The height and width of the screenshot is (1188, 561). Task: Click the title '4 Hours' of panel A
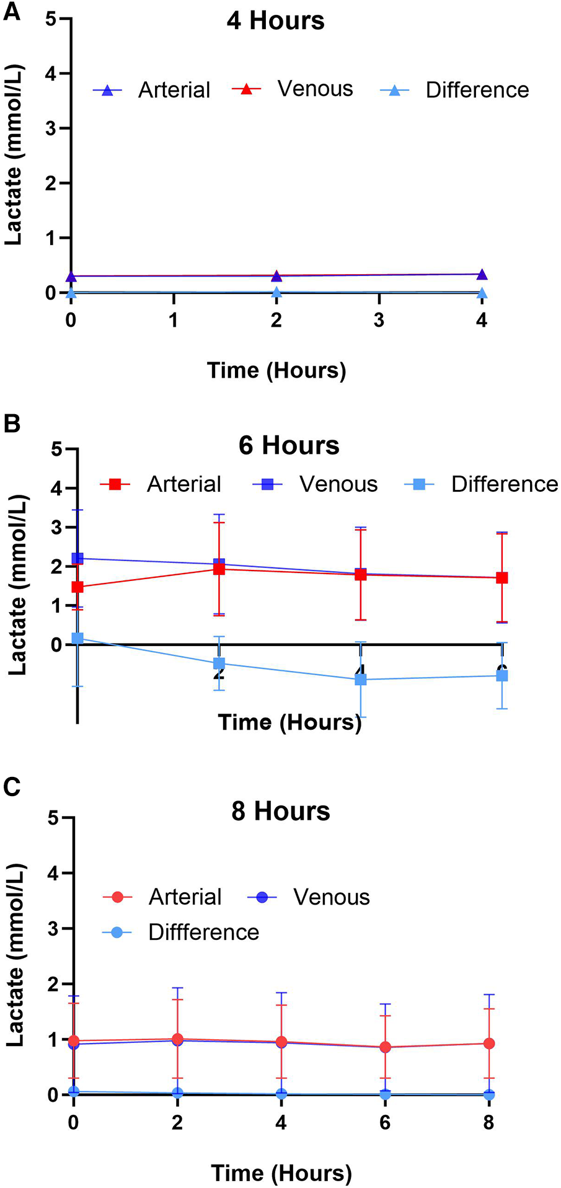275,21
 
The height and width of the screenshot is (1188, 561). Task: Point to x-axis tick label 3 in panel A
379,320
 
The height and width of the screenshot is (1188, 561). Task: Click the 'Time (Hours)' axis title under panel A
276,370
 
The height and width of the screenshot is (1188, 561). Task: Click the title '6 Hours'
289,445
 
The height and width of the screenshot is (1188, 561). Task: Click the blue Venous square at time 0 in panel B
77,558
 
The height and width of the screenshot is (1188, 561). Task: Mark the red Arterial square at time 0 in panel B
77,587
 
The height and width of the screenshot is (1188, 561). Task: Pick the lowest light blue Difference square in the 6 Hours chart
360,680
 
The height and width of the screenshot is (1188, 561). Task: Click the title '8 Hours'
281,811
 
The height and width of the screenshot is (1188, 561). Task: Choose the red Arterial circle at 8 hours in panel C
488,1044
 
